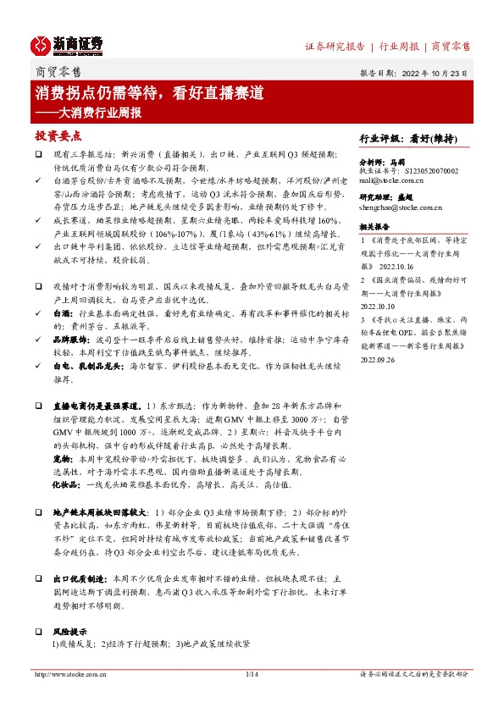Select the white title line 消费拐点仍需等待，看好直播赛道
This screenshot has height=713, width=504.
click(x=149, y=92)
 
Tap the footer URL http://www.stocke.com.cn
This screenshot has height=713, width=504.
click(x=68, y=674)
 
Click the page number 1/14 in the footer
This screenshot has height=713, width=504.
click(x=251, y=674)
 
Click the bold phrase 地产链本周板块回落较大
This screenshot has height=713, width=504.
click(x=98, y=513)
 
